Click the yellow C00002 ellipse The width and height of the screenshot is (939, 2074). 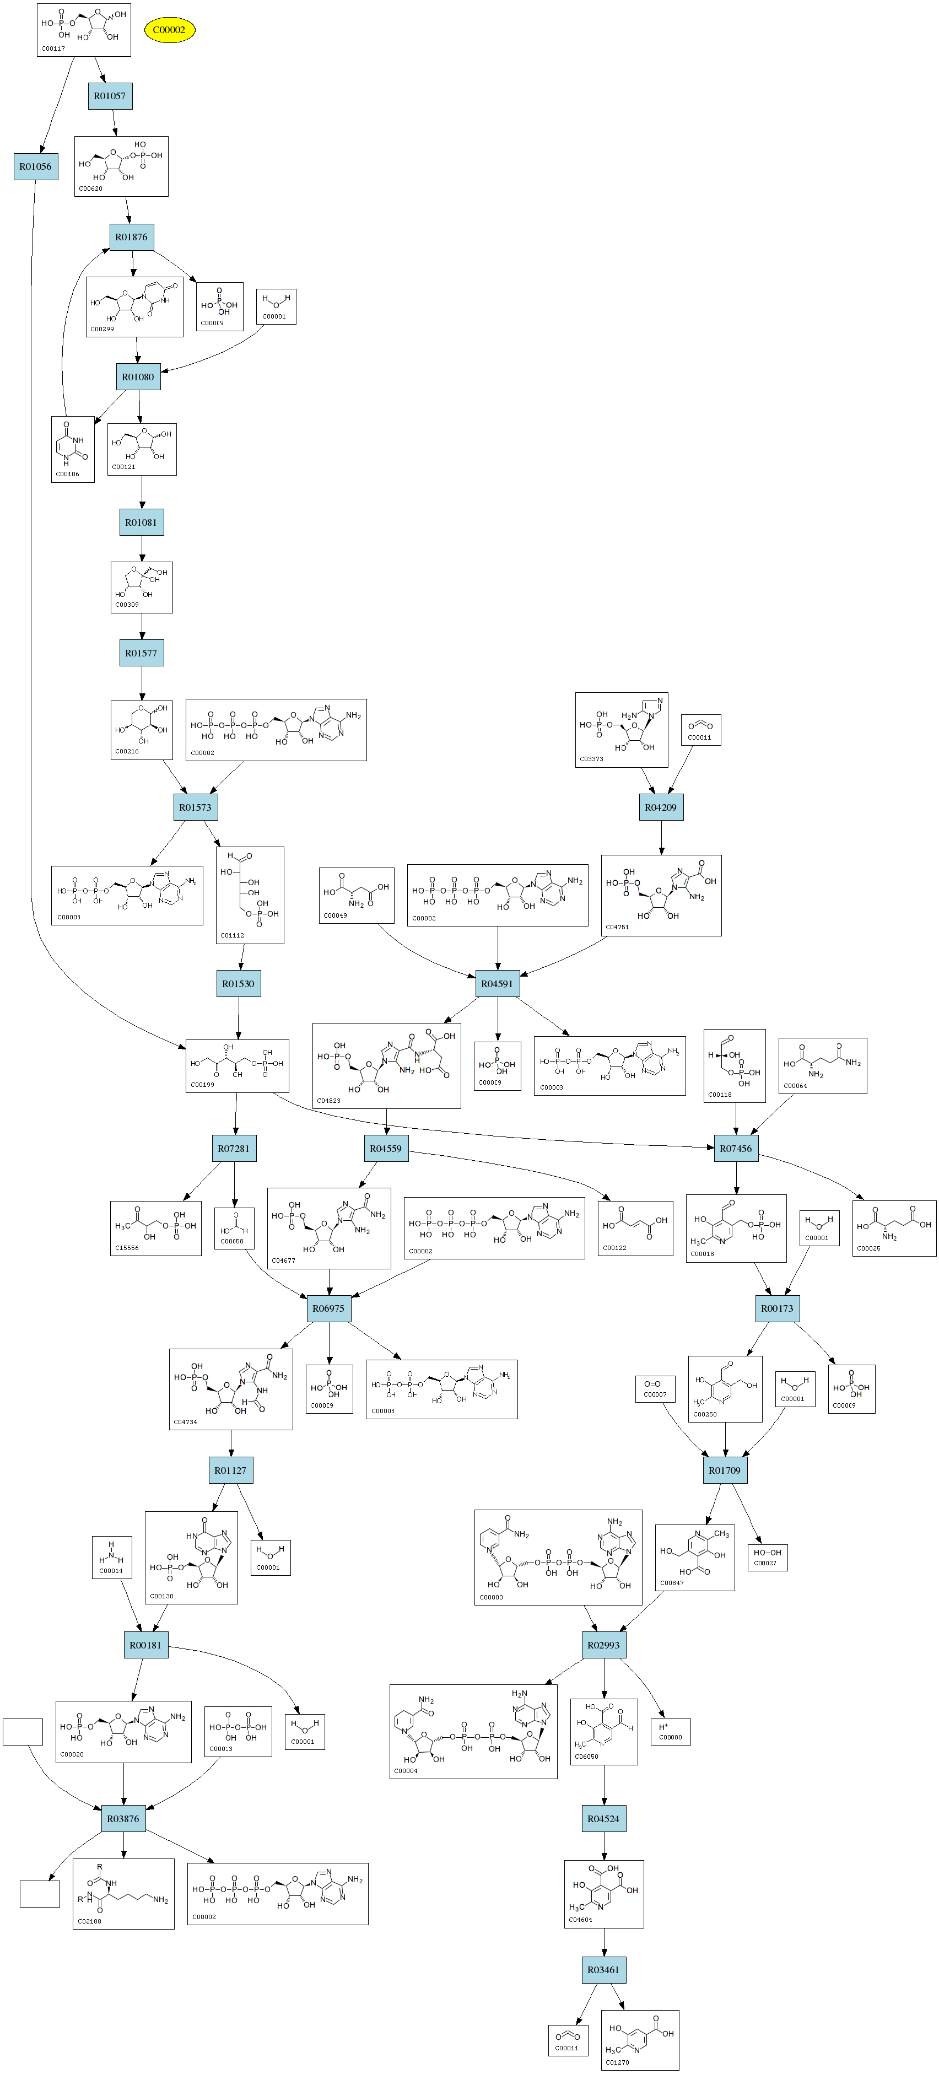169,30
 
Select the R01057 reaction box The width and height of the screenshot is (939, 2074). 110,96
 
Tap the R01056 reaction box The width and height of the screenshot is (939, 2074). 35,166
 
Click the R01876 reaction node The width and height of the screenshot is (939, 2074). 131,236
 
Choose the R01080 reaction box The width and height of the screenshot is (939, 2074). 138,377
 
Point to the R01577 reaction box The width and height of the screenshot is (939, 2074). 141,653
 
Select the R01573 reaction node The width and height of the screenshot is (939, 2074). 195,807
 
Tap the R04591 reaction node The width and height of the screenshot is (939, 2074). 497,983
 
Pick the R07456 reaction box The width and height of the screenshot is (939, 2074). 735,1148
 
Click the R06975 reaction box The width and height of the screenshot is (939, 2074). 328,1308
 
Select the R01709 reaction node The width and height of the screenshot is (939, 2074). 724,1470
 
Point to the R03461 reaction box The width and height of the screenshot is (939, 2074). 603,1970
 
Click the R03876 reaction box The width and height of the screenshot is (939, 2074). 123,1819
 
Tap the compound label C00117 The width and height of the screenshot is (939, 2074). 53,49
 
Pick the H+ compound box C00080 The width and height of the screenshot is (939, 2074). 670,1732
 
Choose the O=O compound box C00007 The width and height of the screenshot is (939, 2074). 655,1388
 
